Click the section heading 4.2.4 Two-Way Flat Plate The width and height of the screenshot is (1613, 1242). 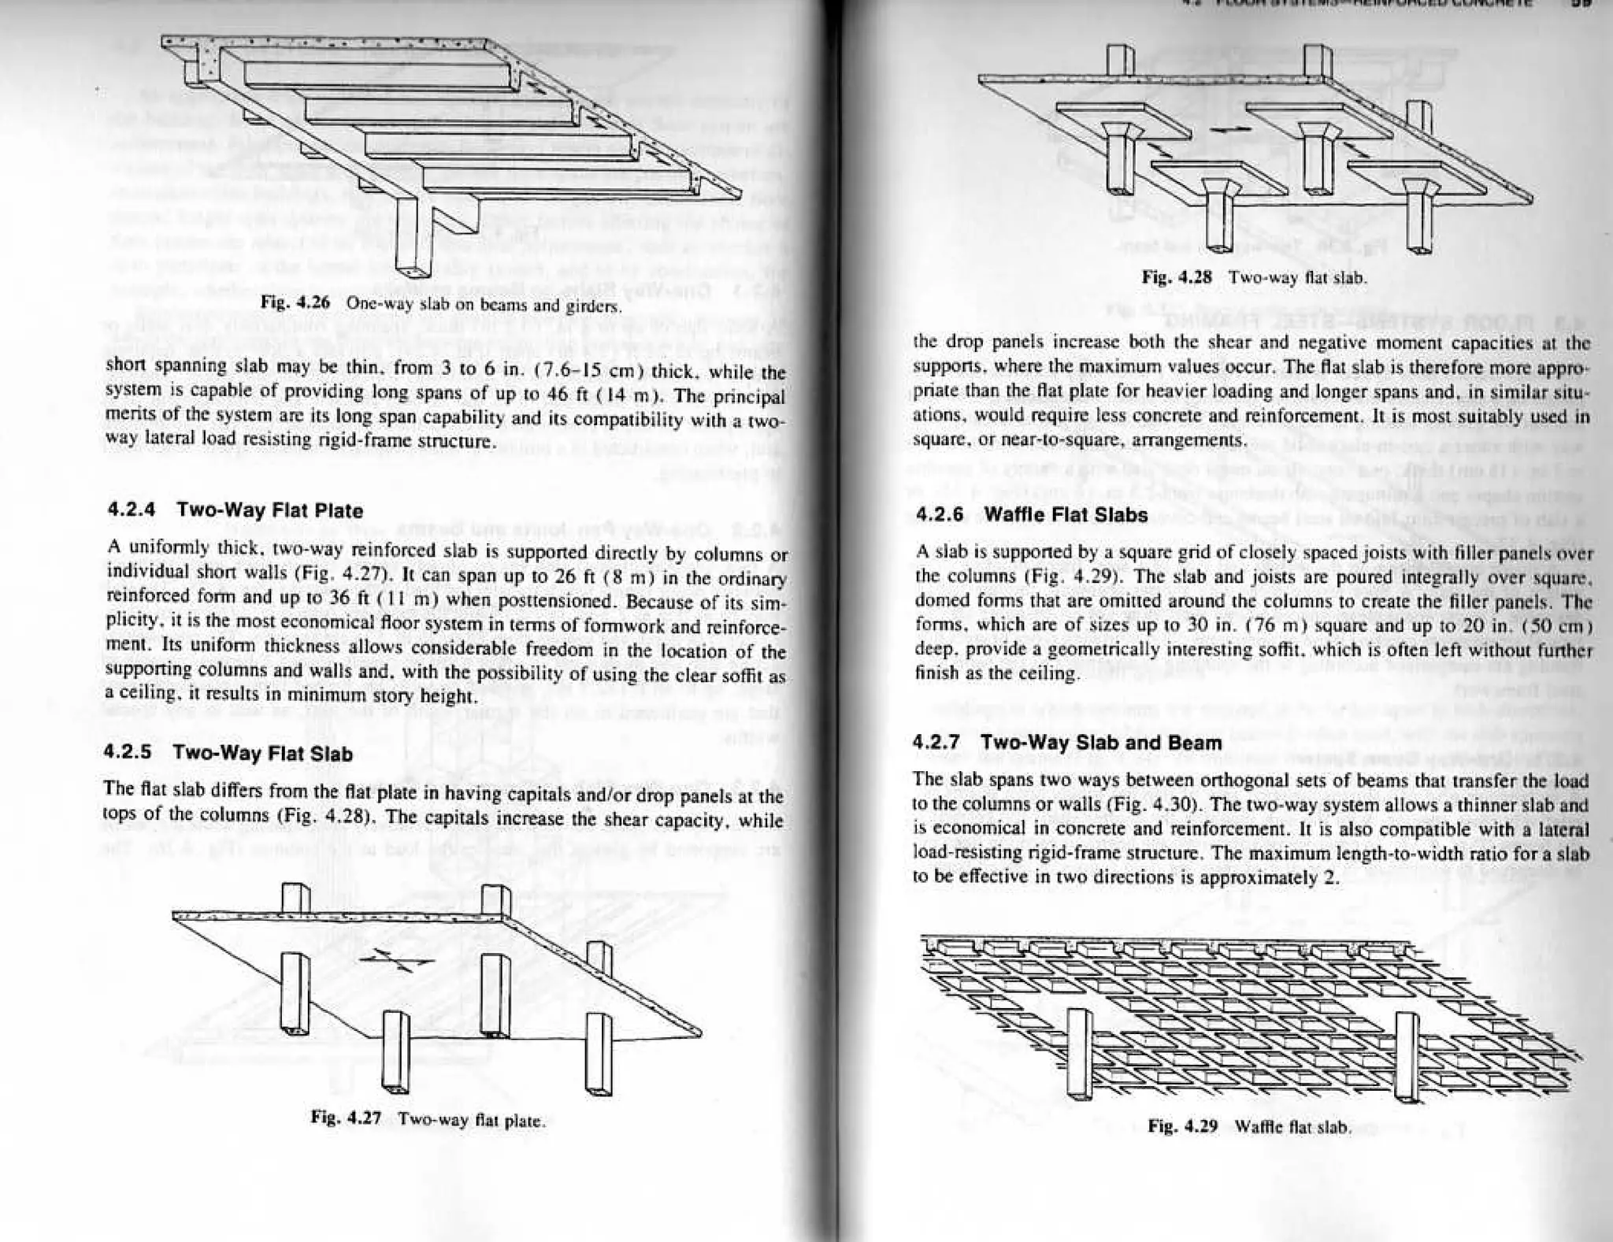point(235,510)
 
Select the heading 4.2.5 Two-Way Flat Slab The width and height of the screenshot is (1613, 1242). point(228,754)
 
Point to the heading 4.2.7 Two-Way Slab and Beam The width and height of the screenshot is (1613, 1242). point(1067,743)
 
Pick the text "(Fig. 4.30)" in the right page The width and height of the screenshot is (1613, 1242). point(1152,806)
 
